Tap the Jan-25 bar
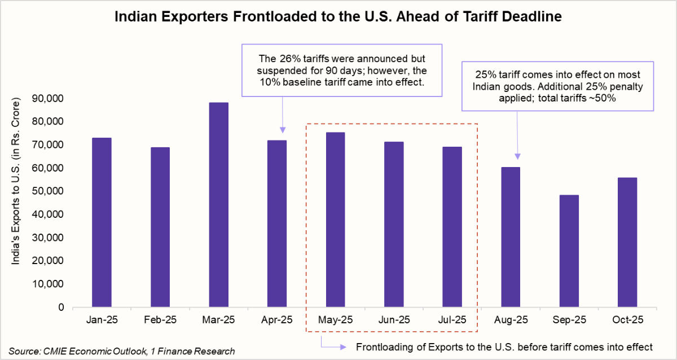click(x=102, y=222)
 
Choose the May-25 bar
click(x=335, y=220)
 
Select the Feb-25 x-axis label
click(x=160, y=320)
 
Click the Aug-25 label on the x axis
click(x=511, y=320)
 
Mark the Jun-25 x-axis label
click(x=394, y=320)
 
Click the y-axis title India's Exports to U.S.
click(x=21, y=203)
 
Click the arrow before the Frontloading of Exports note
click(x=333, y=346)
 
